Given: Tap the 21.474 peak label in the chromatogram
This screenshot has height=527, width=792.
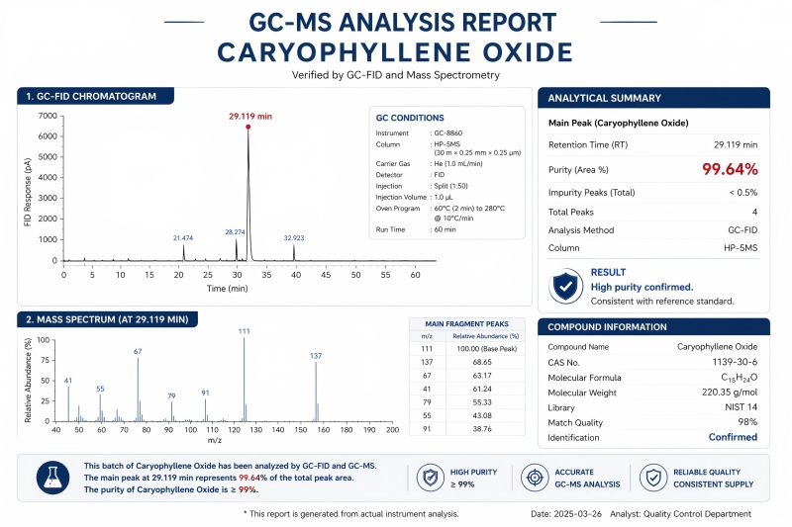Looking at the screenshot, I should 183,238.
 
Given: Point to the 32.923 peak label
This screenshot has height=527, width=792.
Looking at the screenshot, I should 294,238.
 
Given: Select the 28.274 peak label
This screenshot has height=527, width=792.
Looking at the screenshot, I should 235,231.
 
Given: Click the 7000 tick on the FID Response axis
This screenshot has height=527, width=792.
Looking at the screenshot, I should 48,116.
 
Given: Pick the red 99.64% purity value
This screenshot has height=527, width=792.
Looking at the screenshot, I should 730,169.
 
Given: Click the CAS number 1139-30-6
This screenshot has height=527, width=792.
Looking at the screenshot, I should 733,364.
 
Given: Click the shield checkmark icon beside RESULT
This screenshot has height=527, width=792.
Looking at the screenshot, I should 566,286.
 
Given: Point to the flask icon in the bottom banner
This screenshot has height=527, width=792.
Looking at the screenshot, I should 52,478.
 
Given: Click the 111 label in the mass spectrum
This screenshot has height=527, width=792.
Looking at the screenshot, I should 244,331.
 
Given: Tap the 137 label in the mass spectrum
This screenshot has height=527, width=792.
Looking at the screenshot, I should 316,356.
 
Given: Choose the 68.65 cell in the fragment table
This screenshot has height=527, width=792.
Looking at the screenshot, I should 481,362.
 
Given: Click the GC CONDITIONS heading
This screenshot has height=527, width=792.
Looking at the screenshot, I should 410,118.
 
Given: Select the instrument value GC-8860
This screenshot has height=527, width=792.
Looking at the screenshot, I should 447,132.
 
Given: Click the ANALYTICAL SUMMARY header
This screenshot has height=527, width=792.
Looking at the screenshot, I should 604,98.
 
